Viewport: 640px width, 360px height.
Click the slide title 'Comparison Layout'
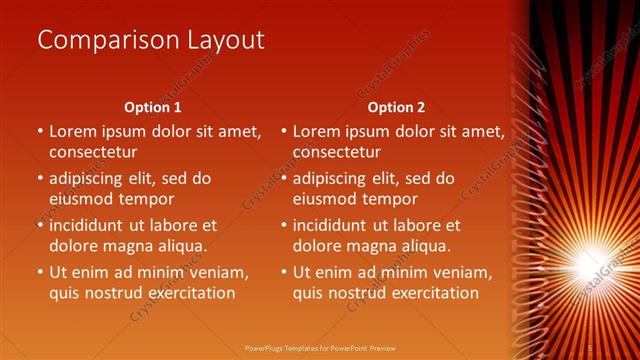(x=151, y=40)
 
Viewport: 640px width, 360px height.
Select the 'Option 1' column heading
(x=152, y=107)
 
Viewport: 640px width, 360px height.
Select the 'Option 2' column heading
(x=396, y=107)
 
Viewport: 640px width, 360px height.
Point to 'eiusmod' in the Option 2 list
(x=325, y=199)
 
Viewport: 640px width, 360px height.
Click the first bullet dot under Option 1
(x=40, y=131)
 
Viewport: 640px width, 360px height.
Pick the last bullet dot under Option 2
(x=284, y=272)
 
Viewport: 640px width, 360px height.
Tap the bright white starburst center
(x=584, y=263)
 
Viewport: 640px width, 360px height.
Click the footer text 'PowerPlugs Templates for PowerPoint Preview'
(x=319, y=347)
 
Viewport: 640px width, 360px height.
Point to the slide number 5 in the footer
(x=590, y=347)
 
